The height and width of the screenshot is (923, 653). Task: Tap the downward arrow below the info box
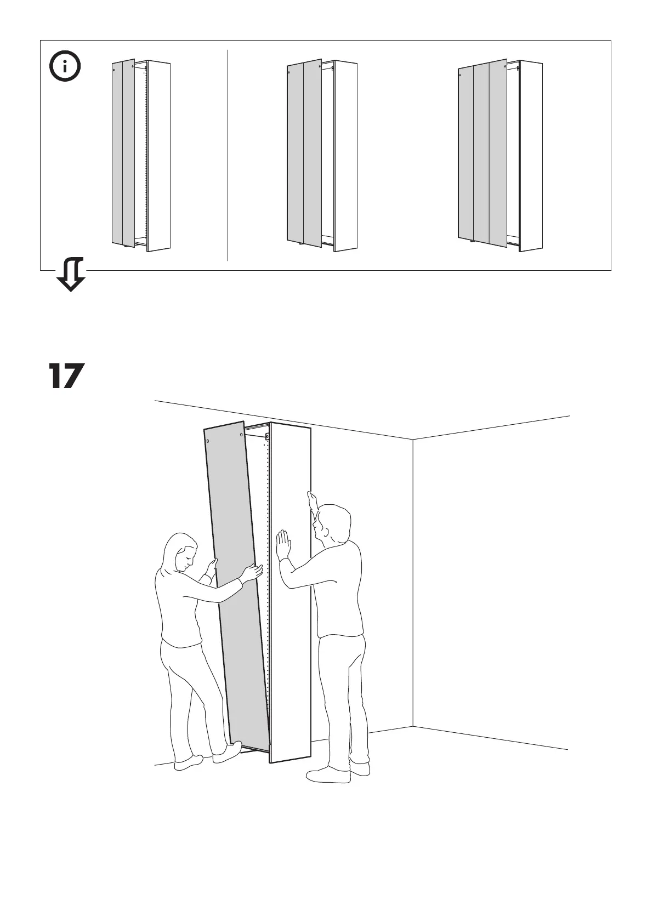coord(71,274)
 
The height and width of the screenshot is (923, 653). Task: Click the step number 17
coord(66,376)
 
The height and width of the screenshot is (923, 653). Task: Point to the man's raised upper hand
coord(312,500)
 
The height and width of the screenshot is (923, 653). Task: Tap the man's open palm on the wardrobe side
coord(283,544)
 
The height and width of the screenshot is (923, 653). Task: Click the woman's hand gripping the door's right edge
coord(252,573)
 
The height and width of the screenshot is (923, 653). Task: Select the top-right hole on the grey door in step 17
coord(242,435)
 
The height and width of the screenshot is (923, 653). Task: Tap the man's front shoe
coord(328,775)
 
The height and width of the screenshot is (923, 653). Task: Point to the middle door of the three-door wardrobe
coord(481,153)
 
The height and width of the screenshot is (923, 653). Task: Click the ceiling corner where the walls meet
coord(412,439)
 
